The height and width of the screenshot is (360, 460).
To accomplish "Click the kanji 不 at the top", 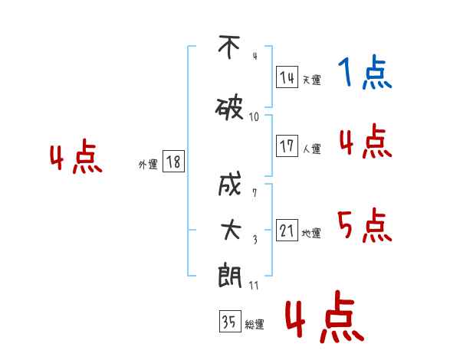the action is coord(229,47).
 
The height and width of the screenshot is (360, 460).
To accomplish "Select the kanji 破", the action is coord(229,109).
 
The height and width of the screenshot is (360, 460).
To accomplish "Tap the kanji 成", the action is coord(230,184).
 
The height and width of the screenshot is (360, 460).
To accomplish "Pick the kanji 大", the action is coord(231,230).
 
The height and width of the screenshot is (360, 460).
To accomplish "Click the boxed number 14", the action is coord(287,77).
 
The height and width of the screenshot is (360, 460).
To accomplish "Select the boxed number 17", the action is coord(287,146).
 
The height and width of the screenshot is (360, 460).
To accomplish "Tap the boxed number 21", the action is coord(287,230).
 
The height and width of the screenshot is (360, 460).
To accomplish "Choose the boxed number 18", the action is coord(173,162).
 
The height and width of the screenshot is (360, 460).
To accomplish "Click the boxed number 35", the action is coord(230,321).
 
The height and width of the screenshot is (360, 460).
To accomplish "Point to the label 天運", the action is coord(312,80).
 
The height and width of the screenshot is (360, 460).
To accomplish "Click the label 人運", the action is coord(312,149).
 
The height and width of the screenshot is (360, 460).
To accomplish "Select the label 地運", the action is coord(311,234).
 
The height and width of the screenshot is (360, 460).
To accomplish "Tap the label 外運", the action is coord(148,165).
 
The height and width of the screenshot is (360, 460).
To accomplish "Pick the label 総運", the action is coord(255,325).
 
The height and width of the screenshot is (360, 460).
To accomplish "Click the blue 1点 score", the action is coord(365,72).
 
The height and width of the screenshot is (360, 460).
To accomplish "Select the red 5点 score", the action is coord(365,225).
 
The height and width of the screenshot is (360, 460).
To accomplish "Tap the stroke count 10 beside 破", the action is coord(254,117).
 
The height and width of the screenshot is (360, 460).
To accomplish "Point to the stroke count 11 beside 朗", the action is coord(254,286).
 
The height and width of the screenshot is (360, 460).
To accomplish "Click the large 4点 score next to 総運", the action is coord(325,317).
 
